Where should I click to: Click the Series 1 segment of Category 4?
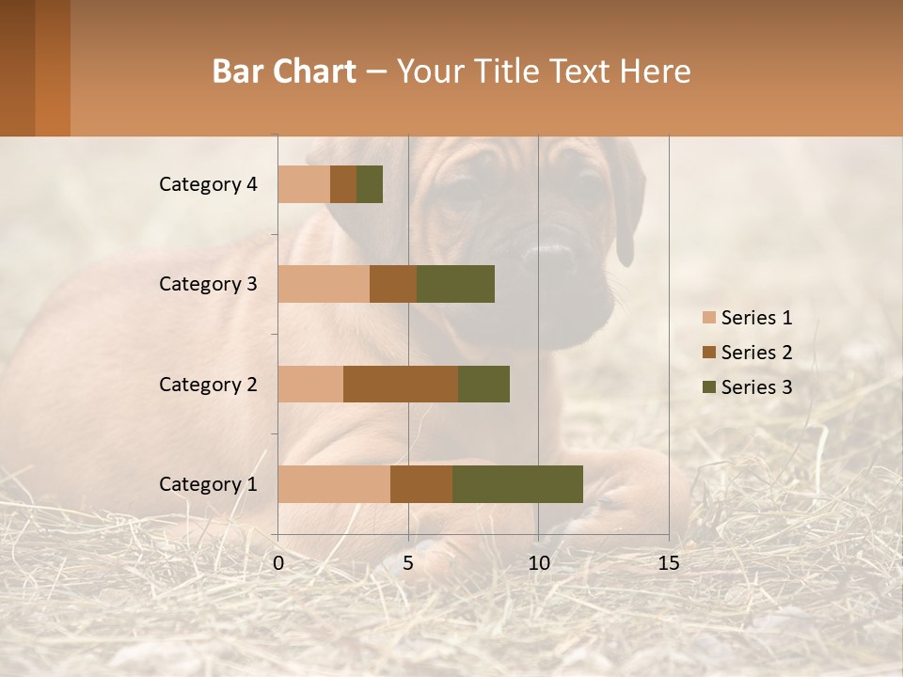tap(304, 184)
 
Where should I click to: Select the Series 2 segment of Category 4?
tap(343, 184)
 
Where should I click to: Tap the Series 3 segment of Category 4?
tap(370, 184)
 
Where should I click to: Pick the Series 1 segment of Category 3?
tap(324, 284)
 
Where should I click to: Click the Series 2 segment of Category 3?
tap(393, 284)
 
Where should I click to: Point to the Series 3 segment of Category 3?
tap(455, 284)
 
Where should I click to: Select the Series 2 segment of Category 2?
tap(401, 384)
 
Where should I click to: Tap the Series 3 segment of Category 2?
tap(483, 384)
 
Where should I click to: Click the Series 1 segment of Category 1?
tap(334, 484)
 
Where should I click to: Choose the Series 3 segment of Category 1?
tap(517, 484)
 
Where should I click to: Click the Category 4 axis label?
tap(208, 184)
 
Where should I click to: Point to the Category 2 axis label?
tap(208, 384)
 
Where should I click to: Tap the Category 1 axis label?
tap(208, 484)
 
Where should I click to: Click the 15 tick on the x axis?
tap(668, 563)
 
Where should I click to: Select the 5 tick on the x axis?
tap(408, 563)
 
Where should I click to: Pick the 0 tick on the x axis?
tap(278, 563)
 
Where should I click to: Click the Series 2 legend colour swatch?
tap(708, 353)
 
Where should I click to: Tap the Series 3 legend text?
tap(756, 387)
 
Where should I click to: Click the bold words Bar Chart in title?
tap(284, 71)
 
